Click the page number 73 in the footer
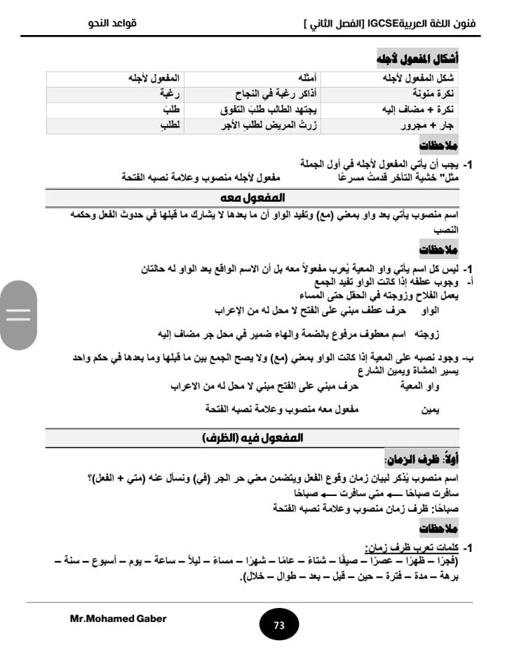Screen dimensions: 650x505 (279, 625)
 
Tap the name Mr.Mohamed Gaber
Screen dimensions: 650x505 (119, 618)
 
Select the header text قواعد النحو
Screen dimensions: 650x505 (112, 24)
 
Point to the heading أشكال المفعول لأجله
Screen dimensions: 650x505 (418, 57)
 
